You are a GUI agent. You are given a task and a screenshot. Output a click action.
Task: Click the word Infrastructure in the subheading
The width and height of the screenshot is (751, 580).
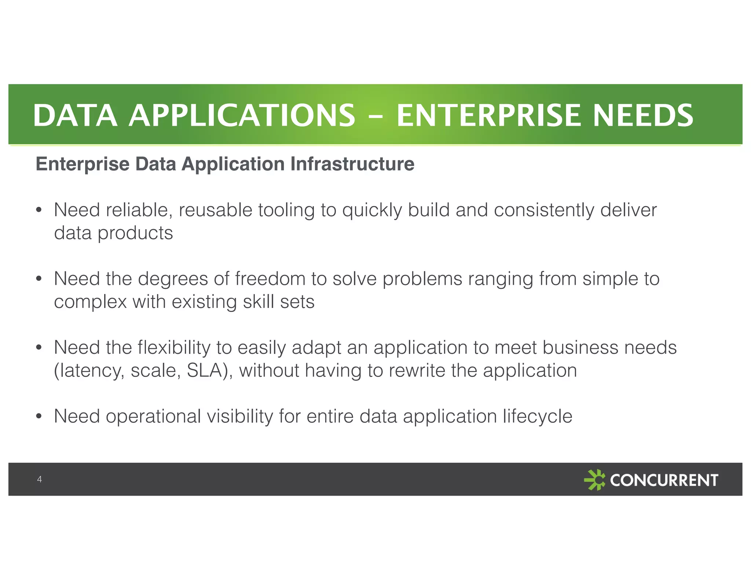(x=352, y=164)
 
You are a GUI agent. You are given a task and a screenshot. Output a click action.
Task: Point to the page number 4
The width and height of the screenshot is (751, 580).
(x=39, y=479)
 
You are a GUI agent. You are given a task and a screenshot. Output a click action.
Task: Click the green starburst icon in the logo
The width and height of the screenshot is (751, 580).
(x=594, y=480)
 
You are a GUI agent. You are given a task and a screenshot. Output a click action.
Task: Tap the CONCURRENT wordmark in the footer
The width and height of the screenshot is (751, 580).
(x=664, y=480)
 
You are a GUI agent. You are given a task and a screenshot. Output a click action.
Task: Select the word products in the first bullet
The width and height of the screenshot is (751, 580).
(x=135, y=233)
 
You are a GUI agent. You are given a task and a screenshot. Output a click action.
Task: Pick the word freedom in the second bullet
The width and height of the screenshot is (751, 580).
(x=270, y=279)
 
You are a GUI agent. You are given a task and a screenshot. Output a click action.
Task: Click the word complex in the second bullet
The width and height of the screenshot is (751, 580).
(x=90, y=302)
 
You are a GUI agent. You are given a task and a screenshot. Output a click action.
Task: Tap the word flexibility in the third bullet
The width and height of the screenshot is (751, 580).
(x=174, y=348)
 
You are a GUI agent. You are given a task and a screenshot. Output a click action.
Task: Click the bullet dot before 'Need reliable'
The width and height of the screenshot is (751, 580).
(x=39, y=210)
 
